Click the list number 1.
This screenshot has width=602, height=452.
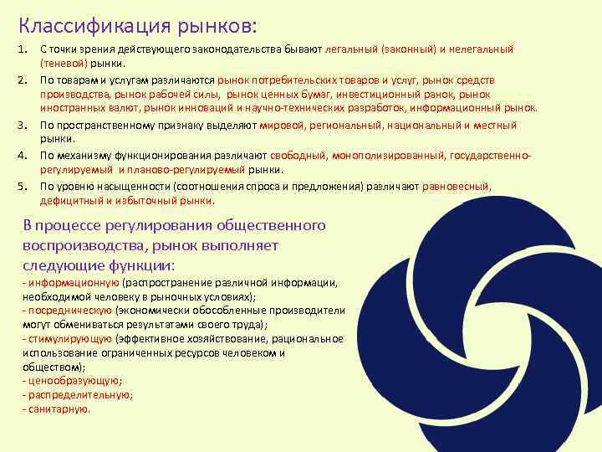point(23,49)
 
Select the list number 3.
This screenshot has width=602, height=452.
point(23,126)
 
